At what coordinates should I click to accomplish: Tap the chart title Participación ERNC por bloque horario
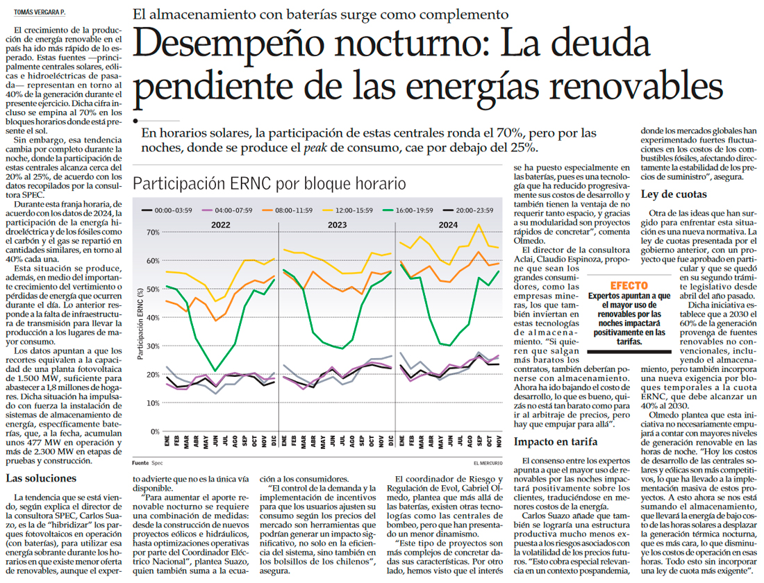269,184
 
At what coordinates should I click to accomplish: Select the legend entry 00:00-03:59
169,210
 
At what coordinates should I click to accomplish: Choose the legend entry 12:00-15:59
373,210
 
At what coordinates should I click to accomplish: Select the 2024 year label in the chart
447,224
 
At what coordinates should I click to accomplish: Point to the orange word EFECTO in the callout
629,285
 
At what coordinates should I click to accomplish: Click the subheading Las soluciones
41,478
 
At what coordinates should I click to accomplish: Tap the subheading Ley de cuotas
674,194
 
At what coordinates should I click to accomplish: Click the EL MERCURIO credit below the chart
483,462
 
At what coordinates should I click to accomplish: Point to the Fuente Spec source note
143,462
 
